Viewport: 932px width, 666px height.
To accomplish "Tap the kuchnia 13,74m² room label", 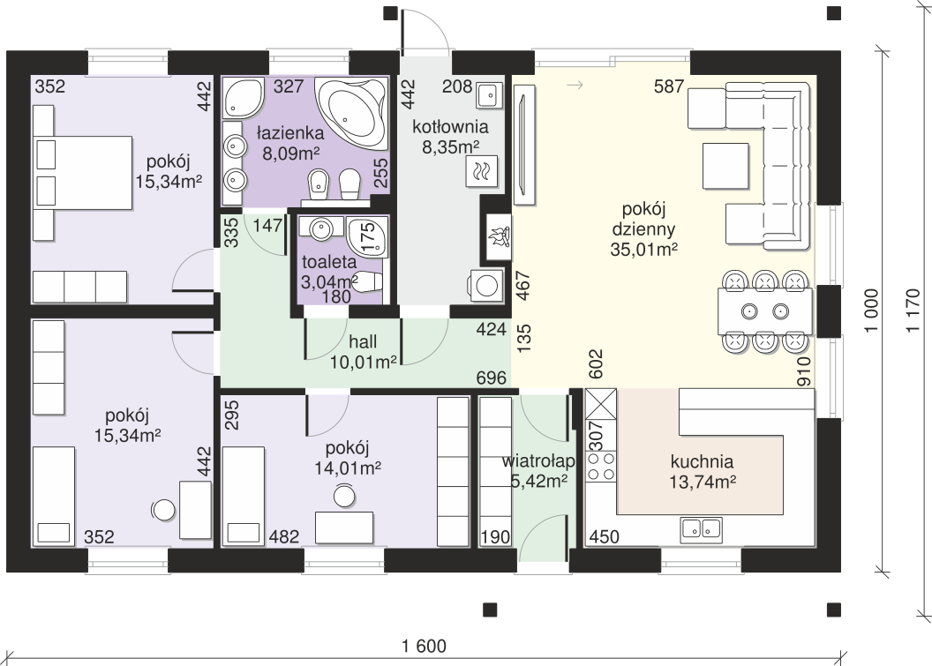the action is coord(703,471).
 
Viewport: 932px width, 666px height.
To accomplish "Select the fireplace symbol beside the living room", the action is coord(500,236).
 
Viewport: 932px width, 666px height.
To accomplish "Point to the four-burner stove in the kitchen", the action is coord(600,466).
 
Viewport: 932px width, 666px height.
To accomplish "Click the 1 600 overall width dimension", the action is coord(424,646).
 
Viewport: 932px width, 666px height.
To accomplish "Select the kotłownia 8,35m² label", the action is coord(450,136).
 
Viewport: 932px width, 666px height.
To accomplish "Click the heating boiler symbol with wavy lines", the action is coord(482,172).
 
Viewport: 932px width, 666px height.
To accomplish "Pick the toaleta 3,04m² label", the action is coord(329,271).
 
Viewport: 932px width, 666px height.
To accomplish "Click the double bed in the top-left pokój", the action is coord(83,172).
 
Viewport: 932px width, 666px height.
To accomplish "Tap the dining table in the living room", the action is coord(765,311).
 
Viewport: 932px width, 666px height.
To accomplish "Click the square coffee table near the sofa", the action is coord(725,166).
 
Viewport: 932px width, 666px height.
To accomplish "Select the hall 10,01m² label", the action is coord(363,351).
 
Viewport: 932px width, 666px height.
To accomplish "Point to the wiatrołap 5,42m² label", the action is coord(538,471).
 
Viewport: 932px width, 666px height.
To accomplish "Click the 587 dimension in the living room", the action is coord(669,86).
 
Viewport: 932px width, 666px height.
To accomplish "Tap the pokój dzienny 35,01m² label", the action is coord(643,229).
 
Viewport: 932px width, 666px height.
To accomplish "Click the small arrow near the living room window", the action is coord(575,86).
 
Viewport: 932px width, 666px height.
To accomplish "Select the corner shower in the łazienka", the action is coord(244,96).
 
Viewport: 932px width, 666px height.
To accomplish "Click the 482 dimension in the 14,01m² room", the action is coord(284,537).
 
